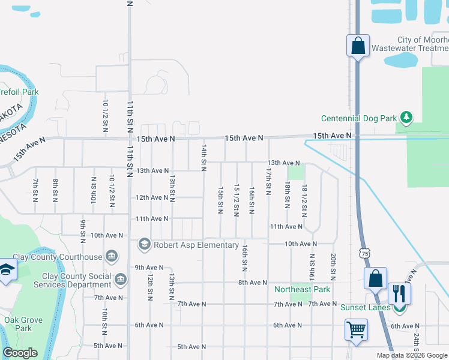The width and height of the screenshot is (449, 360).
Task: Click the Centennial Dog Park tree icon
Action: (x=406, y=118)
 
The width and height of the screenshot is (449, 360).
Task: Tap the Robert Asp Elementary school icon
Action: (x=144, y=244)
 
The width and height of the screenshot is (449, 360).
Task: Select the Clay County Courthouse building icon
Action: (x=111, y=257)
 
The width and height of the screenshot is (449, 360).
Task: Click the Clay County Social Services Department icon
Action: (x=121, y=280)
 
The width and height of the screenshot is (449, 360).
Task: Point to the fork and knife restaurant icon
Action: (x=399, y=293)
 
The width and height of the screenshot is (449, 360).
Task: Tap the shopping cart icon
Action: (x=355, y=329)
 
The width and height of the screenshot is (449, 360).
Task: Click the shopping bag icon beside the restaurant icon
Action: (x=375, y=278)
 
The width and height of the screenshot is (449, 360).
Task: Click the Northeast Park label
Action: (x=302, y=290)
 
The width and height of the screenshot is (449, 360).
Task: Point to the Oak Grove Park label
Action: (x=23, y=324)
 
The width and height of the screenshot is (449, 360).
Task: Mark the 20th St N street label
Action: (x=333, y=266)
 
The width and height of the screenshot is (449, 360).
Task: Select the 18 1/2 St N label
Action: (x=305, y=201)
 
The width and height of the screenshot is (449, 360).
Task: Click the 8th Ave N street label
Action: (x=252, y=283)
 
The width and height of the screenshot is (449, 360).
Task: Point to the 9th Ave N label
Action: (x=149, y=268)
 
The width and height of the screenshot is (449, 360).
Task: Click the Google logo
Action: (x=20, y=353)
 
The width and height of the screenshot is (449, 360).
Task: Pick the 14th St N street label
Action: (x=204, y=155)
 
